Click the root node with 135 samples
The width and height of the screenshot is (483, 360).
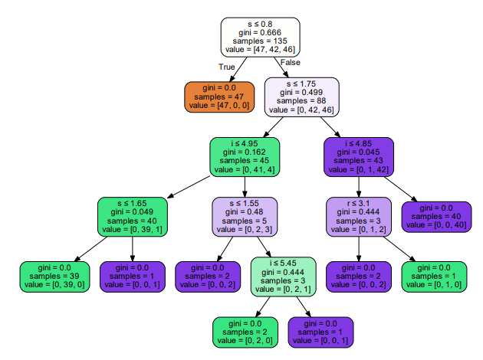[260, 35]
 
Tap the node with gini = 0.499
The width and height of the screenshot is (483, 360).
[302, 96]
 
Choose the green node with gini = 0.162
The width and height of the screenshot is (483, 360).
[245, 156]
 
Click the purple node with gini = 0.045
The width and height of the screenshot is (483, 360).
[358, 156]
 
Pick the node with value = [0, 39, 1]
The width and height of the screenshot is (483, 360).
[132, 217]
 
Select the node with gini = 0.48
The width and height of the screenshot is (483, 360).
[245, 217]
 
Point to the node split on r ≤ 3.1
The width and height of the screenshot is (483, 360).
[359, 217]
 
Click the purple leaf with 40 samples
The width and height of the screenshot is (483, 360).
[435, 217]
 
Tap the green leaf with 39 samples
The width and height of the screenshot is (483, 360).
[56, 277]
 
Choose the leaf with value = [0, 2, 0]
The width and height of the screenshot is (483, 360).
[245, 331]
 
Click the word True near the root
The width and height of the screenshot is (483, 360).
[226, 67]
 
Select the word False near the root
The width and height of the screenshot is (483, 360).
[291, 62]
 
